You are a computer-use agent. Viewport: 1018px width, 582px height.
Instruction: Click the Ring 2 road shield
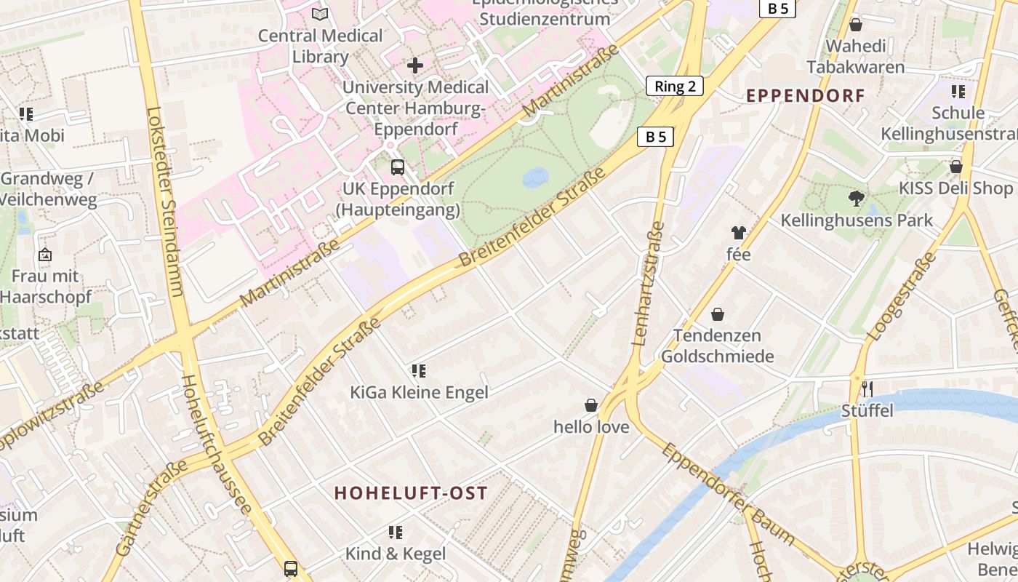point(675,86)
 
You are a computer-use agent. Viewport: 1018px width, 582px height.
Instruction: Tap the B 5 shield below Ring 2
point(655,136)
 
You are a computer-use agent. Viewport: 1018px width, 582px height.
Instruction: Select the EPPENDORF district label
point(806,95)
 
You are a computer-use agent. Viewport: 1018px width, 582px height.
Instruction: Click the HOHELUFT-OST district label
point(411,493)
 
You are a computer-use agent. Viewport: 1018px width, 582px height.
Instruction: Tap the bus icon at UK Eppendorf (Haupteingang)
point(398,167)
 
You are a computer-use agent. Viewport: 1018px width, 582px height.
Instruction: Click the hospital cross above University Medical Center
point(415,65)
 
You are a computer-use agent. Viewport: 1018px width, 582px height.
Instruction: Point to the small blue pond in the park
point(536,178)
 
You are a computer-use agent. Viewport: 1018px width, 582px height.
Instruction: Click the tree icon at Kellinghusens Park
point(857,197)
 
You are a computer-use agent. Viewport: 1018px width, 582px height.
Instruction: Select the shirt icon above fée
point(738,233)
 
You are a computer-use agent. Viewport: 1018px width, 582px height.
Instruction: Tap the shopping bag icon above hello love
point(591,404)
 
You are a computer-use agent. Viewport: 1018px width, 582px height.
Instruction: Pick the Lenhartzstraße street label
point(649,284)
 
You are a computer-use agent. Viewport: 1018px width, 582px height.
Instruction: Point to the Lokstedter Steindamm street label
point(165,202)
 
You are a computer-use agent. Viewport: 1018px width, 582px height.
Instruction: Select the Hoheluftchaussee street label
point(215,444)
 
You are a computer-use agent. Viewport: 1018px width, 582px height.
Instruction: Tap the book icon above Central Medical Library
point(320,13)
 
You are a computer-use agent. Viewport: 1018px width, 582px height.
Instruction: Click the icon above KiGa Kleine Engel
point(418,371)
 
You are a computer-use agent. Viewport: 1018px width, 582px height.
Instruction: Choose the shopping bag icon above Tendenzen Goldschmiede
point(718,314)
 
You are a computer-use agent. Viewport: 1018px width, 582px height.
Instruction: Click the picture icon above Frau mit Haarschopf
point(45,255)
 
